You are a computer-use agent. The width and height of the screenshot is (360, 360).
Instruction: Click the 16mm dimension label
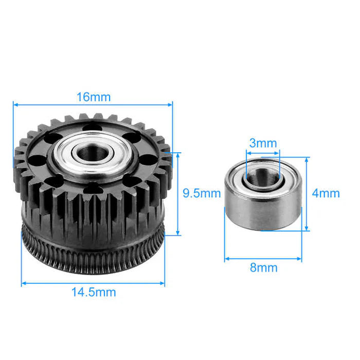click(x=93, y=97)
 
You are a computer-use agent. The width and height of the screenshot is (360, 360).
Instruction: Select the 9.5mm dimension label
click(x=202, y=193)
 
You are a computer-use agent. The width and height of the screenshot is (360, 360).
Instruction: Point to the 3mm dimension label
click(x=262, y=143)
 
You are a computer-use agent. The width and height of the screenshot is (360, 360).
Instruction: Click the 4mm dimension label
click(x=326, y=193)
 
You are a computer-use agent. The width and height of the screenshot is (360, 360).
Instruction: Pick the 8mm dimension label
click(x=263, y=267)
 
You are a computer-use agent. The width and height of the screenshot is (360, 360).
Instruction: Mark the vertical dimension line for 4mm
click(x=307, y=206)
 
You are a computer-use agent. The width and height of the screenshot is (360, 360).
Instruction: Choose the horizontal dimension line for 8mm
click(x=242, y=258)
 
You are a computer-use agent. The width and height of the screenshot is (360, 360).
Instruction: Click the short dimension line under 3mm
click(x=263, y=152)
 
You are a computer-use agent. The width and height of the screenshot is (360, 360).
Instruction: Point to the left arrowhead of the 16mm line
click(x=15, y=105)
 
